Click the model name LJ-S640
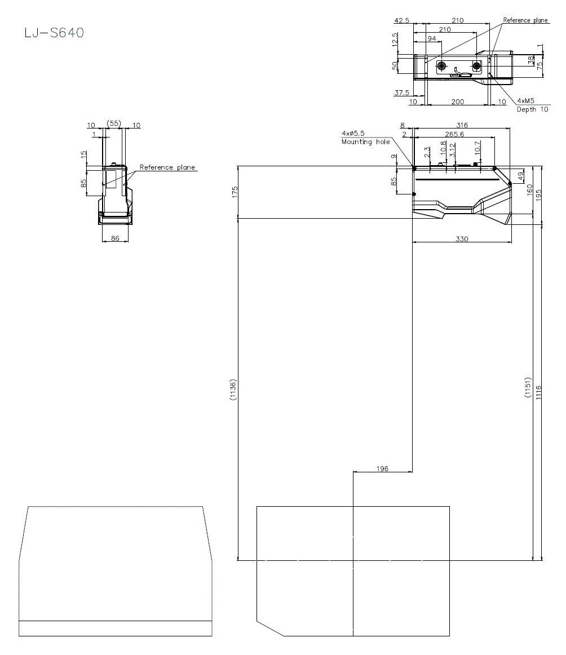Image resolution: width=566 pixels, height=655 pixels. pos(54,33)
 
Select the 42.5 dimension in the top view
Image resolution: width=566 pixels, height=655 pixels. pos(401,20)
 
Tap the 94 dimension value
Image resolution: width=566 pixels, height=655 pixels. pos(431,39)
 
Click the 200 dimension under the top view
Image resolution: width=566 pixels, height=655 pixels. pos(457,101)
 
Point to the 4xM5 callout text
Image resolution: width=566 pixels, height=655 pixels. pos(525,101)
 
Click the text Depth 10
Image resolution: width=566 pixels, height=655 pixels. pos(532,109)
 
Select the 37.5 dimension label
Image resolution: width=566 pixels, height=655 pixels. pos(401,92)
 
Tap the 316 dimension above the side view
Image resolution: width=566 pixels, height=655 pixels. pos(462,125)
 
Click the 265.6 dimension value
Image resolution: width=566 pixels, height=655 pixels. pos(454,134)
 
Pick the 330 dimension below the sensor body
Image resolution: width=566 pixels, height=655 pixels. pos(461,239)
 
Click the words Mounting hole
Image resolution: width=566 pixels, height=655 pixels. pos(365,142)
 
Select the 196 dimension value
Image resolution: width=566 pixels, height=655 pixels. pos(382,468)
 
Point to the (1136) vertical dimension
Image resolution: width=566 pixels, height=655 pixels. pos(233,390)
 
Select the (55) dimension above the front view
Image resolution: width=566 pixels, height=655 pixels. pos(114,122)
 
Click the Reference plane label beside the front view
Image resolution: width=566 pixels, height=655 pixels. pos(167,167)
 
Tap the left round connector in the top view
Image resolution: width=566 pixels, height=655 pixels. pos(441,67)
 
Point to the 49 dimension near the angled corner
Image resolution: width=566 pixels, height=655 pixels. pos(521,175)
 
